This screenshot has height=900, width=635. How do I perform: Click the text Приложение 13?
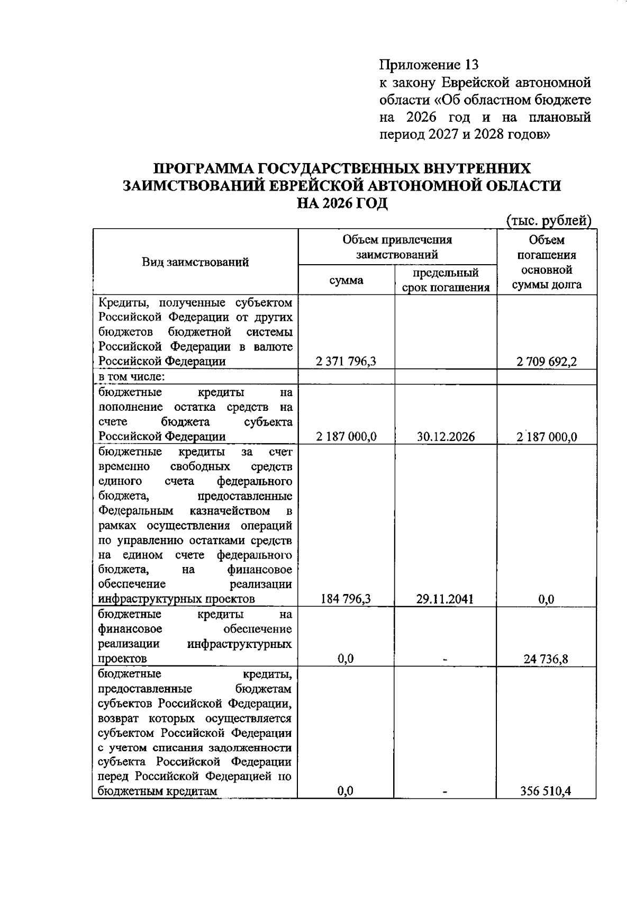[x=429, y=65]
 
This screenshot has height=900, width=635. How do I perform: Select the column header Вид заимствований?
[x=195, y=262]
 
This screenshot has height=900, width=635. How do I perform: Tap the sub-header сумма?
[x=346, y=280]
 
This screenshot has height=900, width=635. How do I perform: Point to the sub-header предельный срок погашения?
[x=446, y=280]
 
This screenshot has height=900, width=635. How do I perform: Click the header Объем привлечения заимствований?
[x=397, y=247]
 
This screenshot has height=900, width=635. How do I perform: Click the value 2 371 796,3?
[x=346, y=362]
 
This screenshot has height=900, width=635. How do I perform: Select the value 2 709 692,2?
[x=547, y=362]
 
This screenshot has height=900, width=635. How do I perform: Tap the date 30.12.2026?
[x=446, y=437]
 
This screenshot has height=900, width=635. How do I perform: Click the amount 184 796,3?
[x=346, y=599]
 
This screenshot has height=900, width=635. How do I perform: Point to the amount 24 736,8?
[x=547, y=659]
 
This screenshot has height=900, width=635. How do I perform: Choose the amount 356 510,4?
[x=547, y=791]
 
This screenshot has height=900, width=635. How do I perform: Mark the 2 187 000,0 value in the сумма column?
[x=346, y=437]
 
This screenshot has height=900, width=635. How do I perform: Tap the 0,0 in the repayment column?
[x=547, y=599]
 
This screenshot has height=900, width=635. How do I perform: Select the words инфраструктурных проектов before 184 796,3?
[x=177, y=599]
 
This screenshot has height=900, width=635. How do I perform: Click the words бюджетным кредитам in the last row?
[x=158, y=791]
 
